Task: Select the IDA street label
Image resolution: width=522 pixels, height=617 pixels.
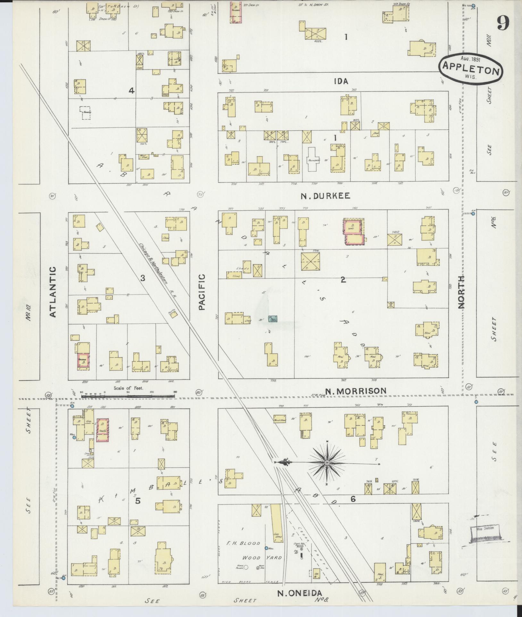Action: point(341,81)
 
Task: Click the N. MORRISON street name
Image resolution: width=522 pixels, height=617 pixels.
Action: point(356,391)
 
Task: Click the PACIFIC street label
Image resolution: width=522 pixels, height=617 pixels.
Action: point(201,292)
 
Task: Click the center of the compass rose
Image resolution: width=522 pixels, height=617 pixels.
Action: point(327,463)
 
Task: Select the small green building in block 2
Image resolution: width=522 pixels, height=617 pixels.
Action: point(273,319)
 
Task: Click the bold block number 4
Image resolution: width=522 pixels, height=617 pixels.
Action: point(131,91)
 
